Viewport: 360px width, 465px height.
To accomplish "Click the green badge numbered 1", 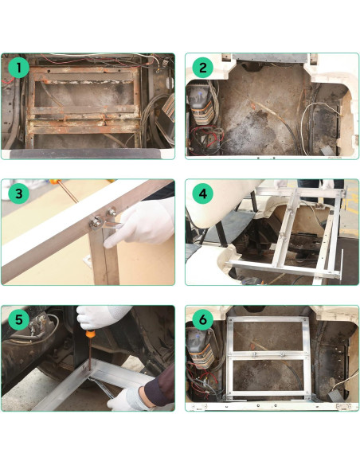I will (19, 69).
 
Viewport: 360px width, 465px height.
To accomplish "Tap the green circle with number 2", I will (203, 69).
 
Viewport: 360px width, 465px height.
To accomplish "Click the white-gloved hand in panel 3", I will (143, 223).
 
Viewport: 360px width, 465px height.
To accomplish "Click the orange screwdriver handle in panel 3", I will (56, 182).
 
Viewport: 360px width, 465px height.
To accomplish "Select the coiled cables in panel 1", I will (159, 111).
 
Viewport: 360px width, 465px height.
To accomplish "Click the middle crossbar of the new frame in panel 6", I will (266, 354).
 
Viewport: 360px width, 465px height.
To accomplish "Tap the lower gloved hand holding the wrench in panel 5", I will (127, 396).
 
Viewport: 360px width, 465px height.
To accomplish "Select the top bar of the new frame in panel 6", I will (266, 319).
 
